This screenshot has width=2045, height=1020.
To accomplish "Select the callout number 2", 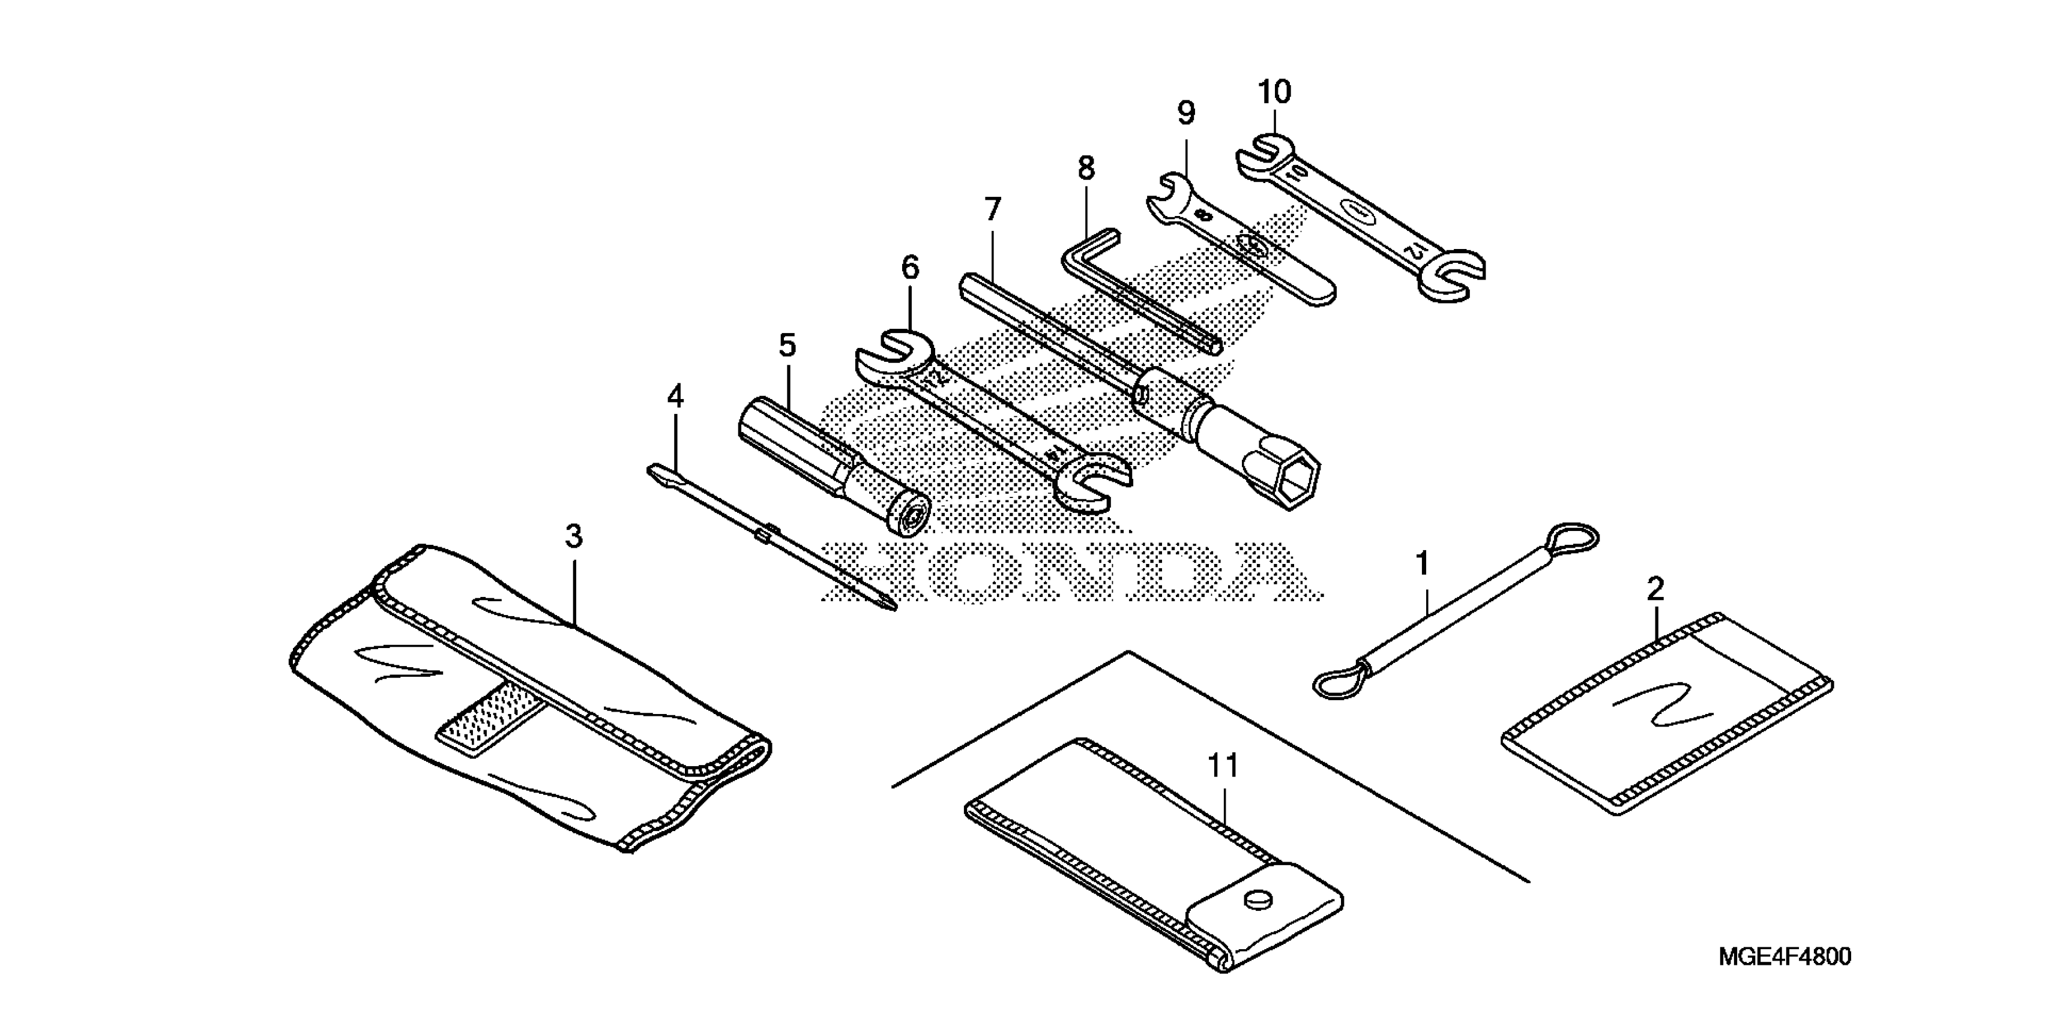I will [1655, 589].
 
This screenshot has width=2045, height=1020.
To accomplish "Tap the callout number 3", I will [574, 536].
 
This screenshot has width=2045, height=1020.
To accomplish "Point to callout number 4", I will [675, 396].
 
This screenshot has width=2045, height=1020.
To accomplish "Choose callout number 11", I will [1223, 766].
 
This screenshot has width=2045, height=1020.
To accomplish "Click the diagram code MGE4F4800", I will [1784, 956].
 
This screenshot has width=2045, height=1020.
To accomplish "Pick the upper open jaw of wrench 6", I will [893, 353].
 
